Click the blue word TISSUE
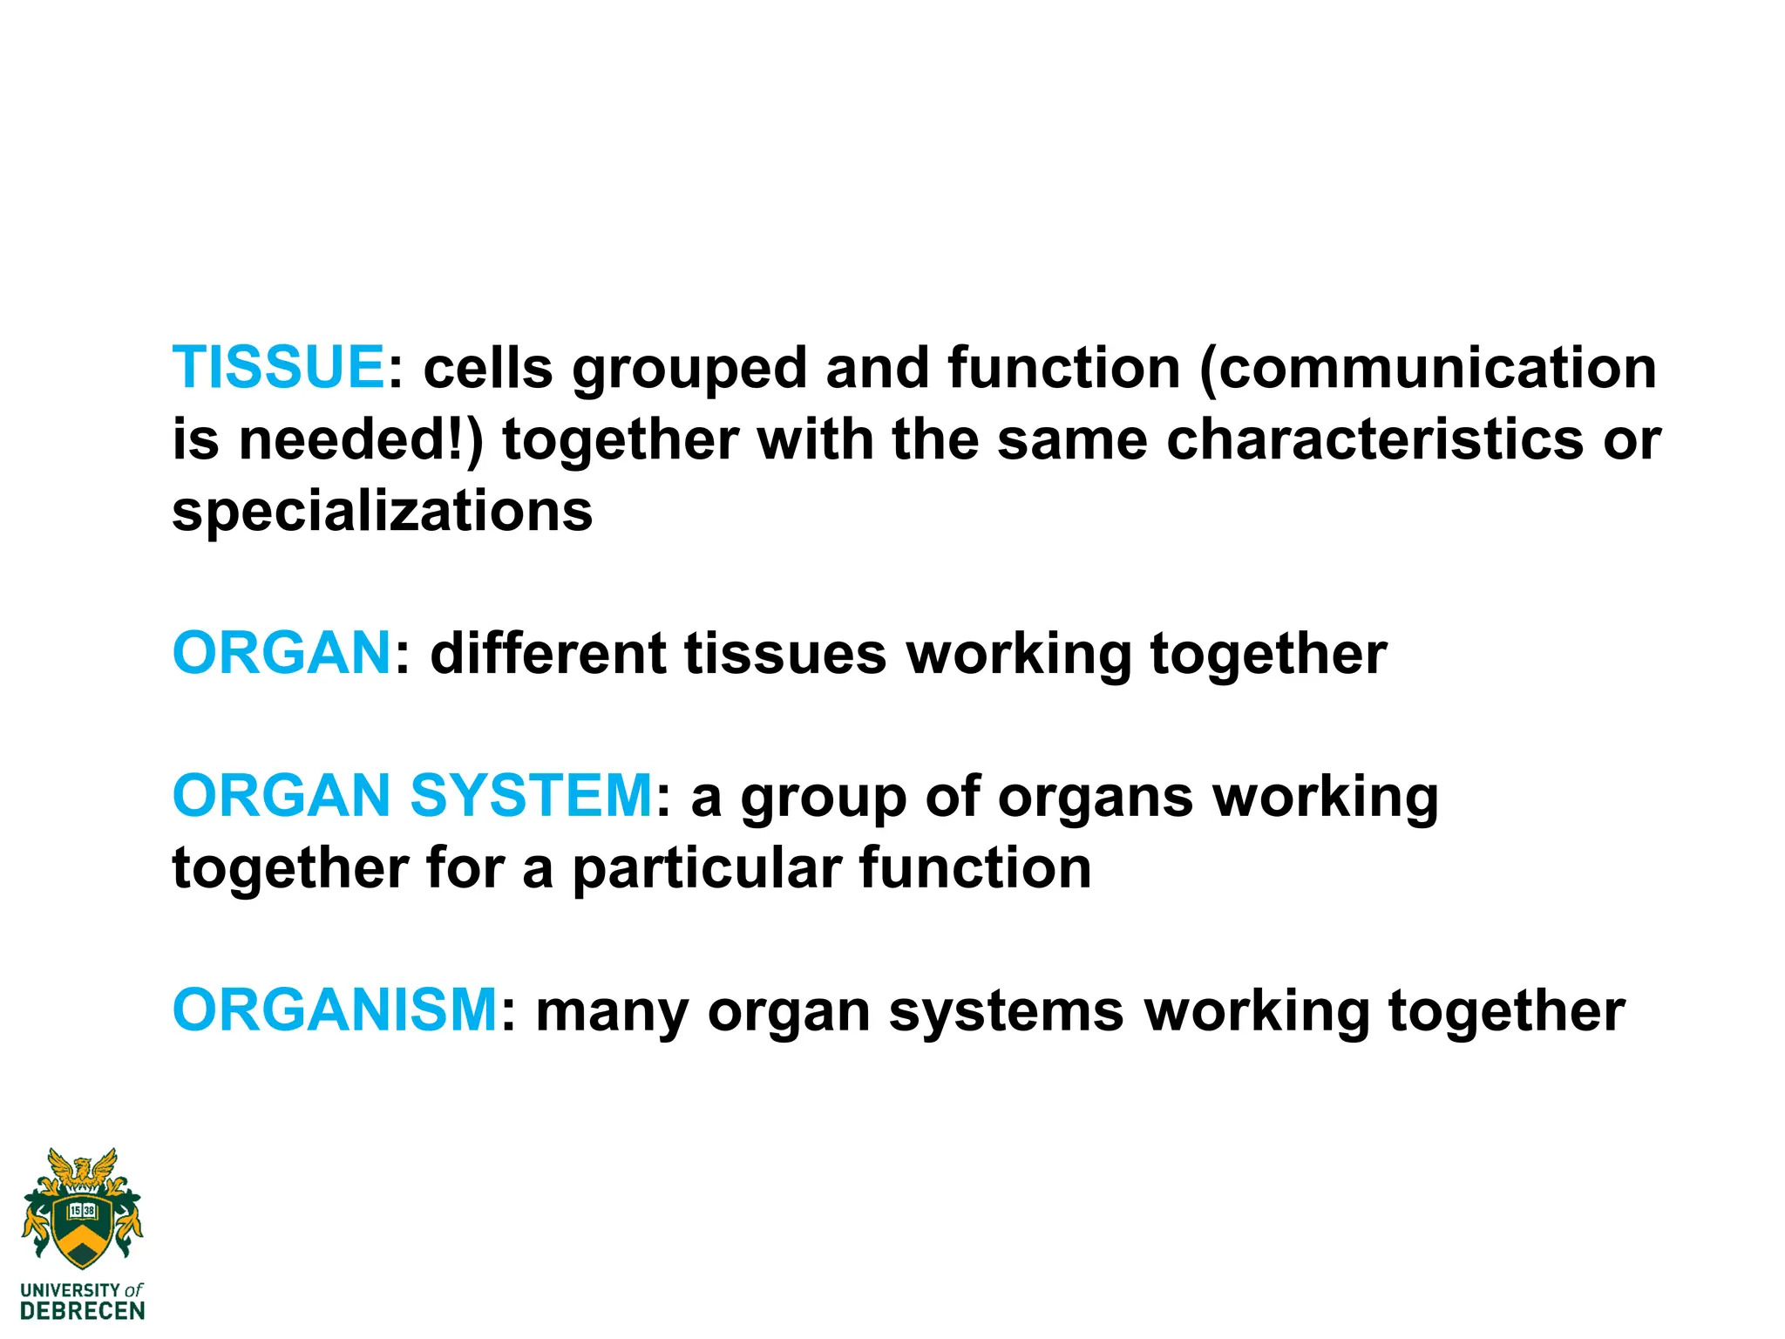pyautogui.click(x=278, y=367)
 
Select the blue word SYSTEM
pyautogui.click(x=531, y=795)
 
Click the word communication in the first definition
pyautogui.click(x=1429, y=367)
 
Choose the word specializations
pyautogui.click(x=383, y=512)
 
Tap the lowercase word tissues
pyautogui.click(x=785, y=653)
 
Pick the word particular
pyautogui.click(x=707, y=869)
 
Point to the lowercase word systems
pyautogui.click(x=1006, y=1011)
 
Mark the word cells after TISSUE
pyautogui.click(x=488, y=367)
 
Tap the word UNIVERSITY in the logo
pyautogui.click(x=70, y=1289)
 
